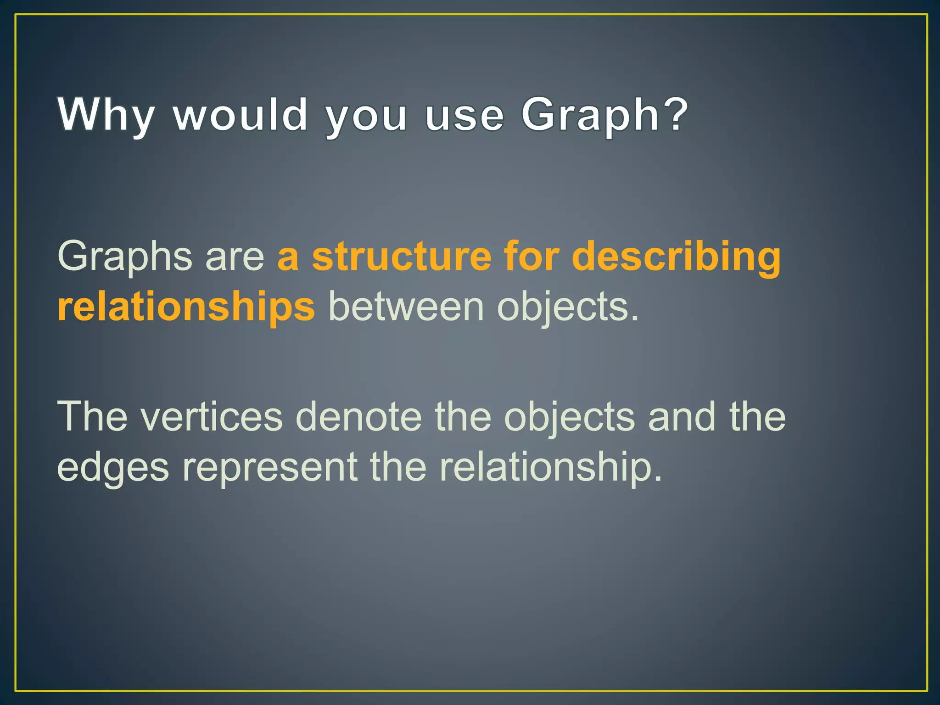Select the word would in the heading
tap(241, 115)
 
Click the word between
tap(406, 307)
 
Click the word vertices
tap(212, 417)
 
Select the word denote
tap(358, 417)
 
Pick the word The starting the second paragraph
tap(92, 417)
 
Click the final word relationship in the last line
tap(551, 467)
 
